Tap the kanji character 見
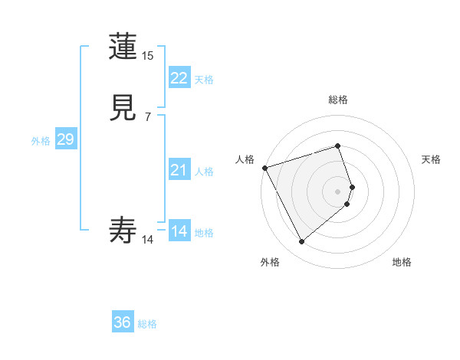click(123, 110)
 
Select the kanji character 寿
click(123, 231)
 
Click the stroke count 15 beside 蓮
click(148, 56)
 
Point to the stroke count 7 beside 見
click(147, 117)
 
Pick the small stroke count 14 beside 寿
click(148, 240)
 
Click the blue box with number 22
click(179, 77)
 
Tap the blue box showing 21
click(179, 170)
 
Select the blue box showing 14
click(179, 231)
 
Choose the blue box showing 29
click(65, 139)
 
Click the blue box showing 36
click(123, 322)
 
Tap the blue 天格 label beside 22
click(204, 80)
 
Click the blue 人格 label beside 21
click(204, 172)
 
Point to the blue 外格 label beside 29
click(41, 141)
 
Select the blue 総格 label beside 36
click(147, 324)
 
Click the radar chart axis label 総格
click(338, 100)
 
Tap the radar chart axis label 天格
click(432, 159)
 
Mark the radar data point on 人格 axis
click(264, 167)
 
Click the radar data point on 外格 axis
click(301, 242)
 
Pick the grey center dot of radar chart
click(338, 191)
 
